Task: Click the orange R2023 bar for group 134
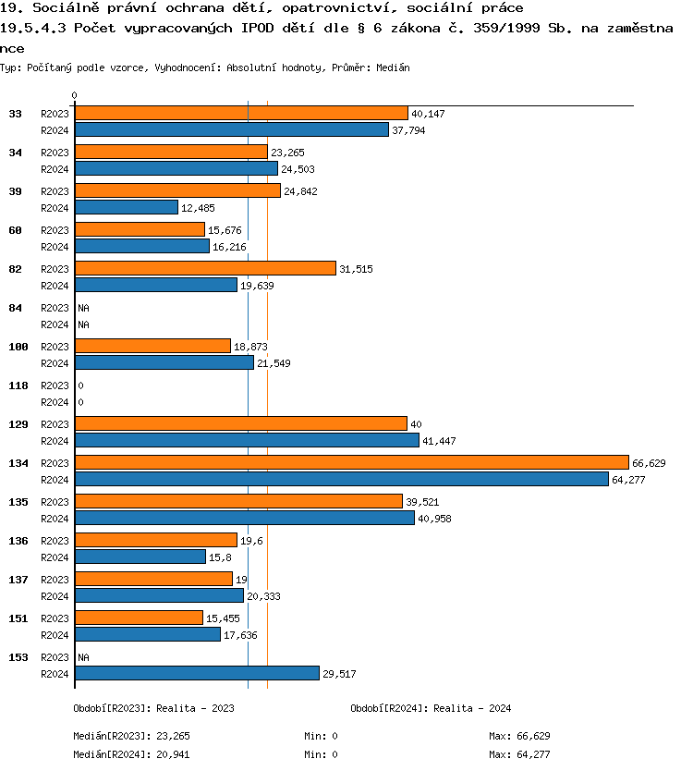(351, 462)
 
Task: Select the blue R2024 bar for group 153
(197, 674)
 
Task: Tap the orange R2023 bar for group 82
(205, 268)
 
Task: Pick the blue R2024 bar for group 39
(126, 207)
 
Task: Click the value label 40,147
(429, 114)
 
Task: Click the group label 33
(16, 114)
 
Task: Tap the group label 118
(18, 385)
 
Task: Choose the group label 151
(18, 618)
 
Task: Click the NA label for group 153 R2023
(83, 657)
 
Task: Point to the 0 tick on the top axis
(74, 95)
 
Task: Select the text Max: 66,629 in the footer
(519, 736)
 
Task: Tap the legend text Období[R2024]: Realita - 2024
(431, 708)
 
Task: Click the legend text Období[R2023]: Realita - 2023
(153, 708)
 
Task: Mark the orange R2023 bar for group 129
(240, 423)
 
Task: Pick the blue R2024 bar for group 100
(164, 362)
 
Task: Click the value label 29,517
(339, 674)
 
